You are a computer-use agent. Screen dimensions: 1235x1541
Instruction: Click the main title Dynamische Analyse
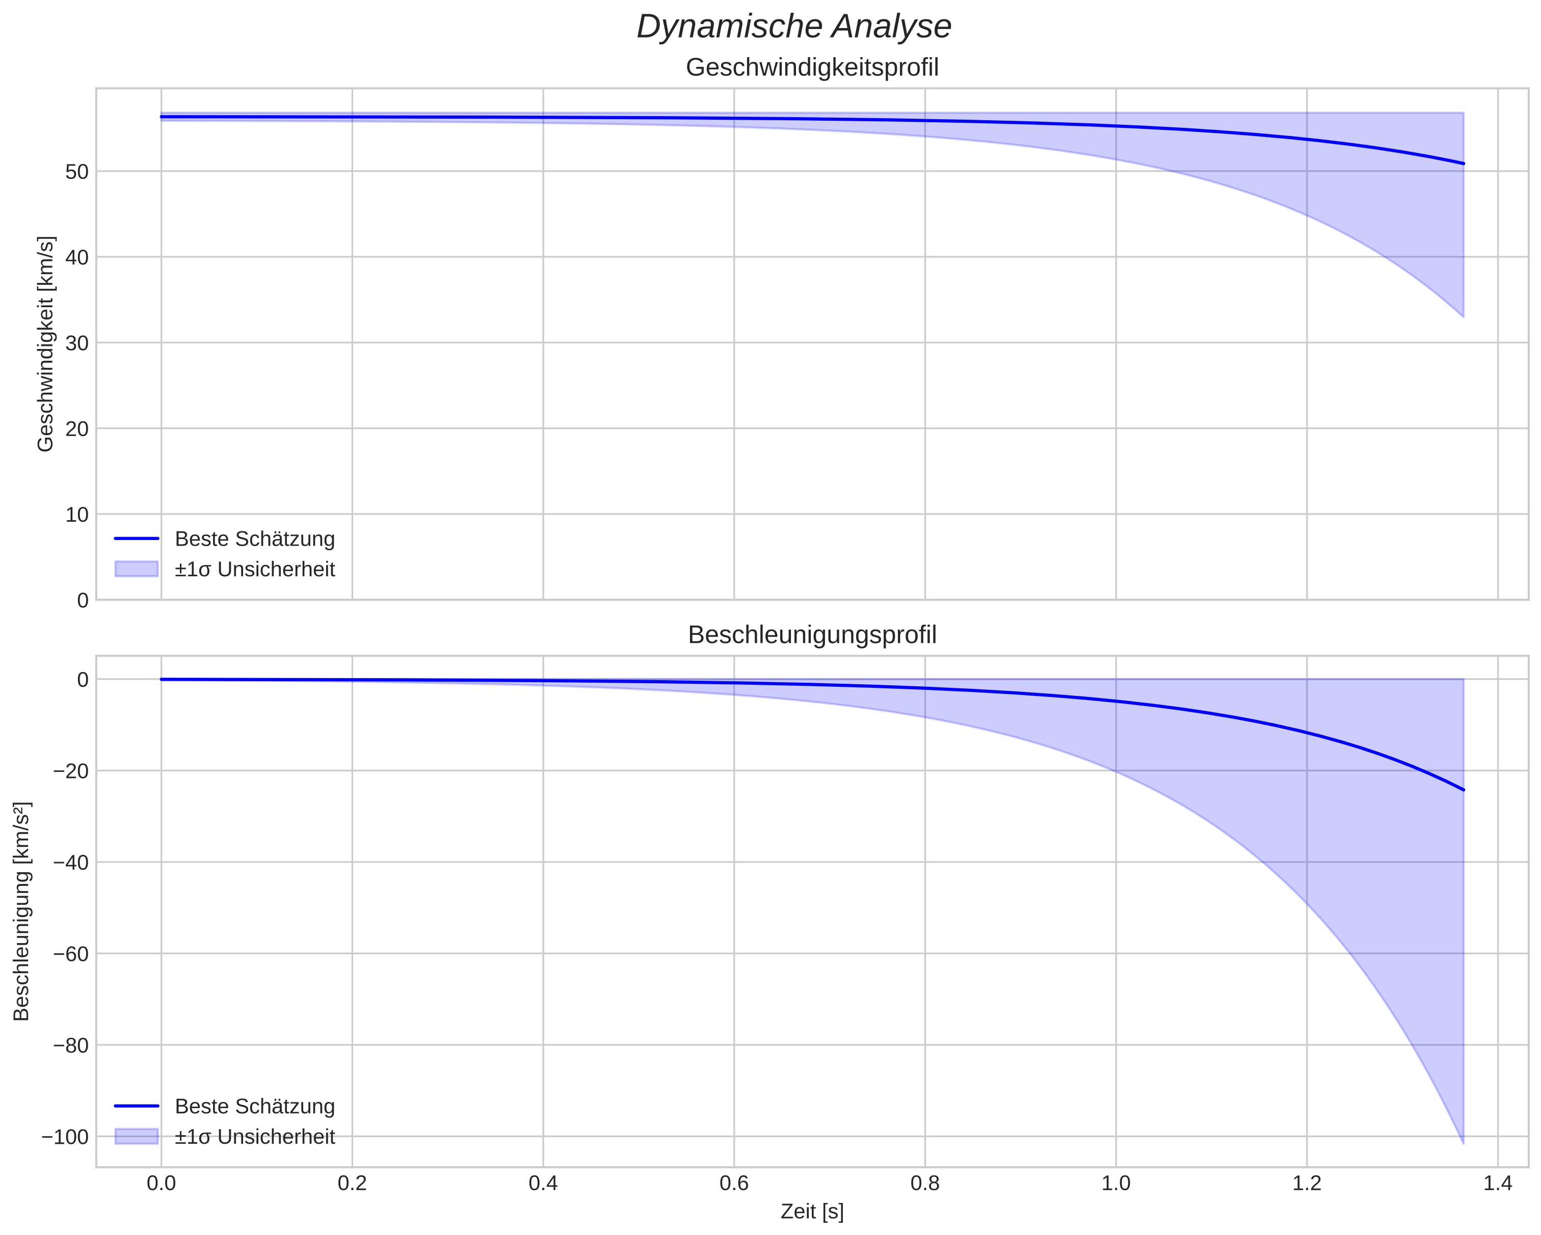tap(793, 27)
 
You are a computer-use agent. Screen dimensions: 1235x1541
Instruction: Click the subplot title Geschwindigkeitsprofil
tap(812, 67)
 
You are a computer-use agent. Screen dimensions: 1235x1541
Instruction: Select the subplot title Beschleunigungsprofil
tap(812, 635)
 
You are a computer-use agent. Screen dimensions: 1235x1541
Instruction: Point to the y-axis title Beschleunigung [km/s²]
tap(21, 911)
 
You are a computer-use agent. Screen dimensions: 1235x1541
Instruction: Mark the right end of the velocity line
tap(1463, 164)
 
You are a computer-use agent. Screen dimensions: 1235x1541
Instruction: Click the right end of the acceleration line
tap(1463, 790)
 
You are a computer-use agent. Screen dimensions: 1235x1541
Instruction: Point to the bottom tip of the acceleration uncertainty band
tap(1463, 1142)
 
